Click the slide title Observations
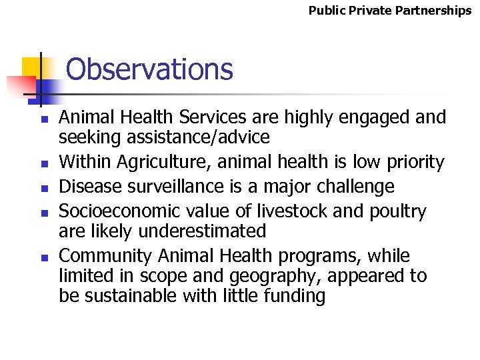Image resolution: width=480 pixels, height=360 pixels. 149,69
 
